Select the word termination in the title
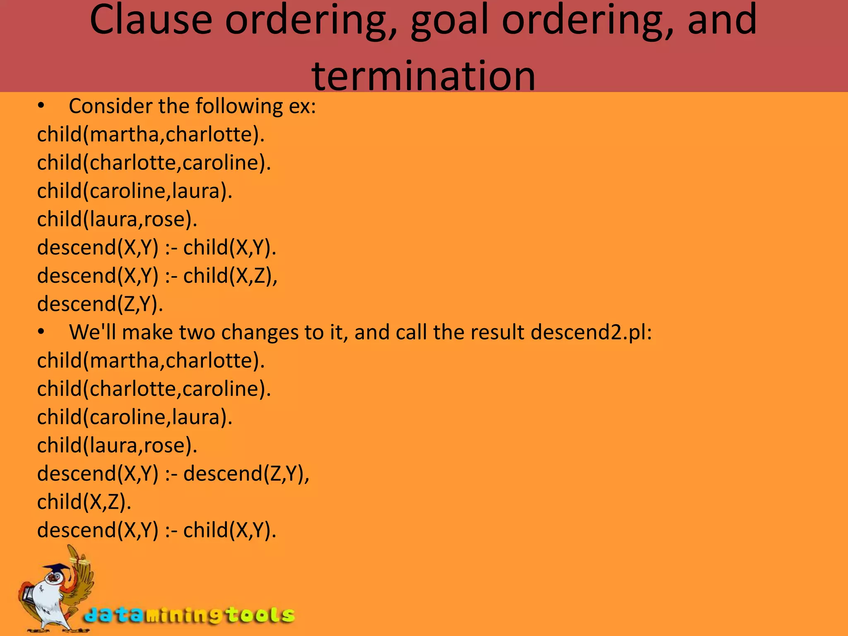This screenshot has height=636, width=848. pos(424,76)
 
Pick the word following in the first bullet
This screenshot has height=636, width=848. pos(239,107)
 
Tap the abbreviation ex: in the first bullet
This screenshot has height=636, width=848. pos(302,106)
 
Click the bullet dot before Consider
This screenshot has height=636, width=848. pos(41,106)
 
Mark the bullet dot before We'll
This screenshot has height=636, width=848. pos(41,332)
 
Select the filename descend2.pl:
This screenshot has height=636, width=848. pos(591,332)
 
